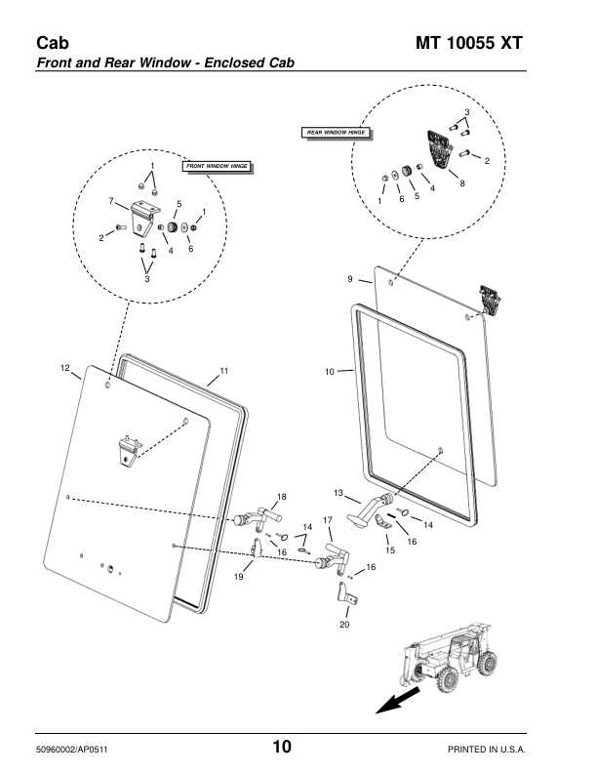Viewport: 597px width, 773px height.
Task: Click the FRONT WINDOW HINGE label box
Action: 216,167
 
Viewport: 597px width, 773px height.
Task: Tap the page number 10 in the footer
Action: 281,748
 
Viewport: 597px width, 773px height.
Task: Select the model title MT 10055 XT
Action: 469,44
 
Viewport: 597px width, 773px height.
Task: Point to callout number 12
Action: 65,368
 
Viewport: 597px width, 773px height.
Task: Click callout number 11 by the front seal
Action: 223,371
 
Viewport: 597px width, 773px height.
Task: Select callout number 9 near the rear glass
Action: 349,281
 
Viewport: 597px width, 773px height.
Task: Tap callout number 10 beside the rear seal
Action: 330,371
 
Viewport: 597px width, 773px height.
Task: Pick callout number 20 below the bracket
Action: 344,625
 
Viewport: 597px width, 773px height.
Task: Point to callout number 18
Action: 282,497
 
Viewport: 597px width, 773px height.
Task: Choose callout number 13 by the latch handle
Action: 339,492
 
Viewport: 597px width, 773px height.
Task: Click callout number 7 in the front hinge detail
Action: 112,200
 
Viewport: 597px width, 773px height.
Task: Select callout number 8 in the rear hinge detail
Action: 461,183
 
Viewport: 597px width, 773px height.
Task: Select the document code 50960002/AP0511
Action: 77,749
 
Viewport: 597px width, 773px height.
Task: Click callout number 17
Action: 328,520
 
